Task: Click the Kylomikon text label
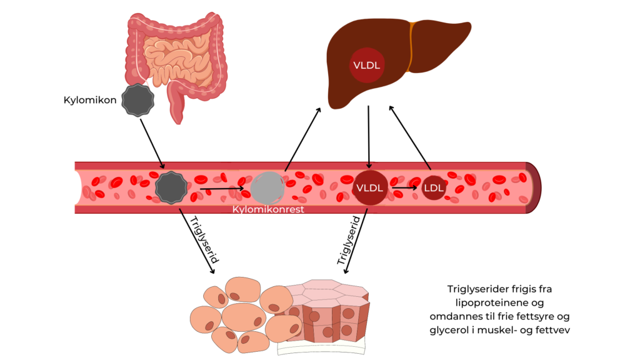pos(90,100)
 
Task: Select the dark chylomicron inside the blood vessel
pos(172,187)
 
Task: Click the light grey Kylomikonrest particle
pos(267,187)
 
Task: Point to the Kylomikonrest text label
pos(268,209)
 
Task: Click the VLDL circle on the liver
pos(367,65)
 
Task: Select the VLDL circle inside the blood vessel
pos(371,187)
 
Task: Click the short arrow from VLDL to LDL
pos(404,187)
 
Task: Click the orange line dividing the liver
pos(411,47)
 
